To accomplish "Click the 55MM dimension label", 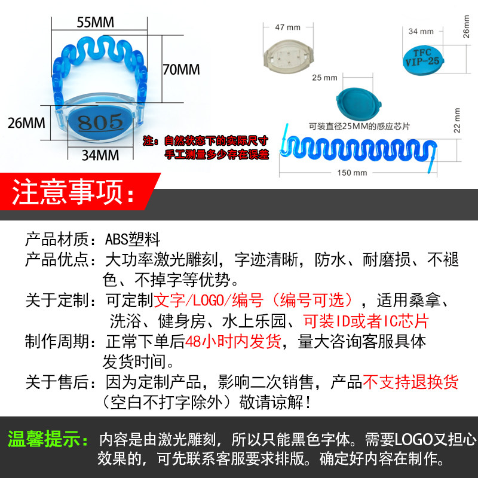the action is (x=96, y=22).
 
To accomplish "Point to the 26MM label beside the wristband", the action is (x=26, y=123).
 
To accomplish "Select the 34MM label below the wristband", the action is (x=100, y=155).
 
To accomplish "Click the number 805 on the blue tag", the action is (x=100, y=122).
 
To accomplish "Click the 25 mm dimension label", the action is (x=324, y=78).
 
